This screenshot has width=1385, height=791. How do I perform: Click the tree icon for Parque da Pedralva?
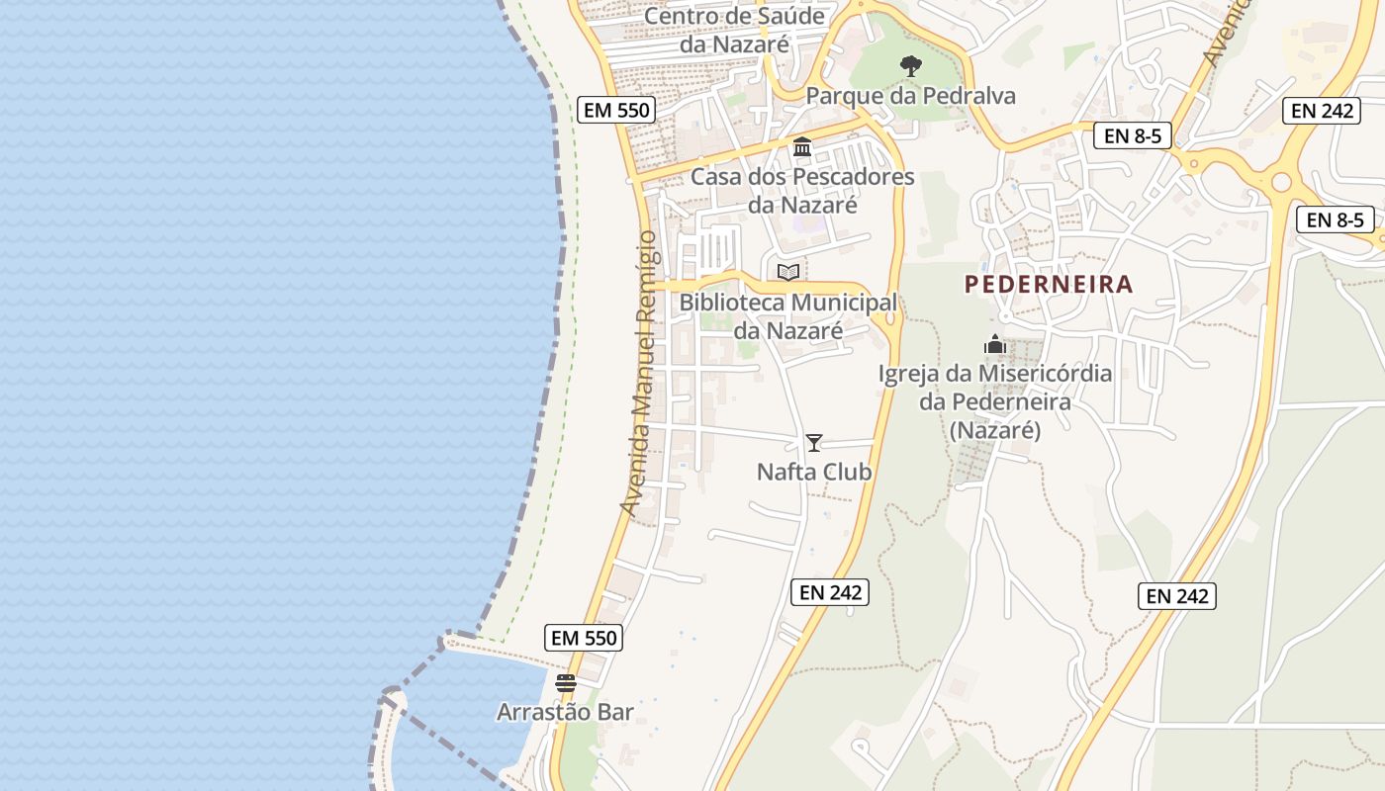(x=911, y=66)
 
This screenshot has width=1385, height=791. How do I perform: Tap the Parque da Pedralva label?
(x=911, y=96)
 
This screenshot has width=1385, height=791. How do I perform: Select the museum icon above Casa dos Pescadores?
(x=802, y=147)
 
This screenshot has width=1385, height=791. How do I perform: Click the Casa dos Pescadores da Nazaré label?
(x=802, y=191)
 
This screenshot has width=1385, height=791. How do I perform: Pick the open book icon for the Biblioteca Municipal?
(x=788, y=272)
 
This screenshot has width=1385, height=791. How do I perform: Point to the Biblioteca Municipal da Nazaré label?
(x=788, y=315)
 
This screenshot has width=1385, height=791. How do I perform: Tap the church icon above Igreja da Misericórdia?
(x=995, y=344)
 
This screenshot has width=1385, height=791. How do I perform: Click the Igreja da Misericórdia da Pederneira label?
(x=995, y=402)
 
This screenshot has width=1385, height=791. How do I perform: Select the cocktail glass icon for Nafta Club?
(x=814, y=442)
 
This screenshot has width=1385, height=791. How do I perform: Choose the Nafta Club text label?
(x=814, y=472)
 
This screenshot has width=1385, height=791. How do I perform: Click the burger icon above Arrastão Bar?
(x=566, y=682)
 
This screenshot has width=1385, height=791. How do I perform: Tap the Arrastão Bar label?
(x=565, y=712)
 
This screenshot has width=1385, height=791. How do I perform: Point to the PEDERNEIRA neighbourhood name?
(x=1049, y=285)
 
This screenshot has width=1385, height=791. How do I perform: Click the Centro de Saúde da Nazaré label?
(x=734, y=30)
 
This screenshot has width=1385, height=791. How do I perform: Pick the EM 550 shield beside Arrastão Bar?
(x=585, y=638)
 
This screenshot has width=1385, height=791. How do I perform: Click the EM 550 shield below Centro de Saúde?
(x=617, y=110)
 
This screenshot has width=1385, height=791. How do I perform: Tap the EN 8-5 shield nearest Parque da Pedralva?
(x=1132, y=135)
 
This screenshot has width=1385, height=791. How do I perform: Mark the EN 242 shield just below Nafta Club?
(x=830, y=592)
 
